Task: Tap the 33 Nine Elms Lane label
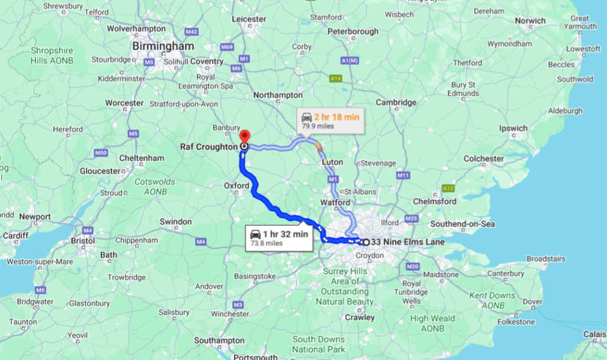[408, 242]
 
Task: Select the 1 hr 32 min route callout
[279, 237]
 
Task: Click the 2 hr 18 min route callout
[330, 121]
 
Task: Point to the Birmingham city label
[163, 46]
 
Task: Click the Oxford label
[236, 186]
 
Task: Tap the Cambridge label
[396, 103]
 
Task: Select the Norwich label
[530, 21]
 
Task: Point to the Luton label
[332, 161]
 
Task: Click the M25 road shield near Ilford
[411, 219]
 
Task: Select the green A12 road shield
[448, 188]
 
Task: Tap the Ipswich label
[513, 128]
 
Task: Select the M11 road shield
[403, 175]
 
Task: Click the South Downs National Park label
[318, 344]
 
